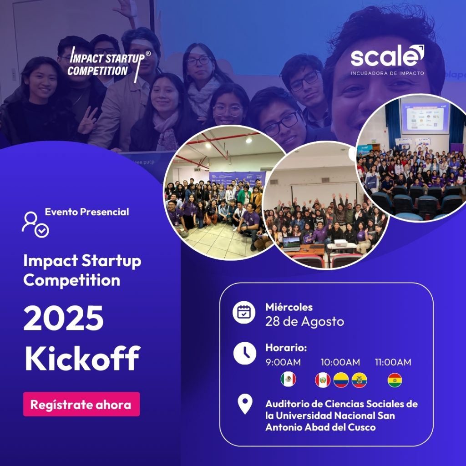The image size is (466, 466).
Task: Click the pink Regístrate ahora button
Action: (81, 404)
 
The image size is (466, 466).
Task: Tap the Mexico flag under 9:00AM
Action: (288, 379)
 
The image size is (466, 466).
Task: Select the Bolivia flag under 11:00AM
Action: (395, 380)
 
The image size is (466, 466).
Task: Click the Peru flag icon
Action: (323, 380)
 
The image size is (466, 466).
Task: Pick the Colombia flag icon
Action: (341, 380)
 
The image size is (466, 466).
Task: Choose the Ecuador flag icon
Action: (360, 380)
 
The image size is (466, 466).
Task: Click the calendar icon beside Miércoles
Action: (244, 312)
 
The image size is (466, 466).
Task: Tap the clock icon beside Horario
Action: (244, 353)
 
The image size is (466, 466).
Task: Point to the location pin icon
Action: (245, 404)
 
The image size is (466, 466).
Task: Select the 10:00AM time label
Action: (340, 362)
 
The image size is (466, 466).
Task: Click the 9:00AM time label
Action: (283, 362)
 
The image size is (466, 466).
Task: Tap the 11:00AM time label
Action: (393, 362)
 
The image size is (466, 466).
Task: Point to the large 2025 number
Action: (64, 318)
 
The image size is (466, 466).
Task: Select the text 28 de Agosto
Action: (304, 322)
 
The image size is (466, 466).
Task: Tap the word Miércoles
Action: (289, 307)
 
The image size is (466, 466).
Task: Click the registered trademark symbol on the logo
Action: (148, 54)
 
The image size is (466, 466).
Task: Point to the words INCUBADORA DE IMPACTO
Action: (387, 73)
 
